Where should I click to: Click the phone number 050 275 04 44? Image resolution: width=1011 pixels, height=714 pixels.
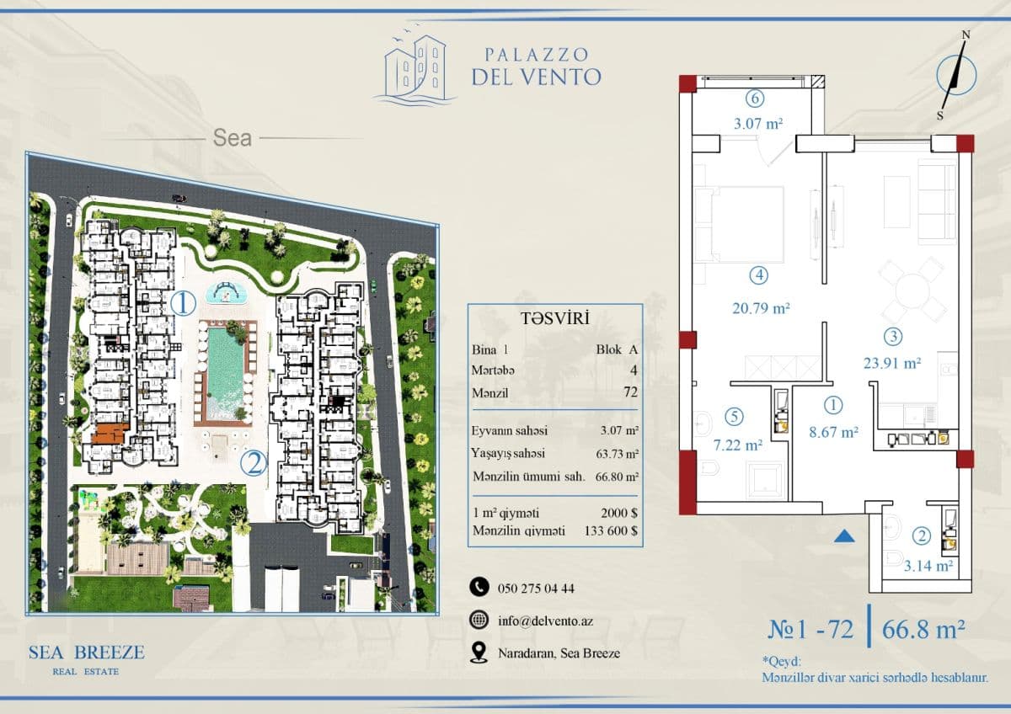536,589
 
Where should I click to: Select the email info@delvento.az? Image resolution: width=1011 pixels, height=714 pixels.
545,621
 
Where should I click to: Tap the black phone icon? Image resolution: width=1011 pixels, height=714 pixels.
479,587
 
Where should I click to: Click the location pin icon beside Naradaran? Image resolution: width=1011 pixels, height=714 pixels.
479,653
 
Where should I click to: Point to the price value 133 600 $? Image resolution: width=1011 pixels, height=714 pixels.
611,531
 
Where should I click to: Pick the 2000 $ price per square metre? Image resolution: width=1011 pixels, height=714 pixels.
619,513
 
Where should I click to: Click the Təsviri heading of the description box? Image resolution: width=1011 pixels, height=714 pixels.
555,318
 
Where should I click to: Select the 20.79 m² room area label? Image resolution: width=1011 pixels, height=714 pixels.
761,308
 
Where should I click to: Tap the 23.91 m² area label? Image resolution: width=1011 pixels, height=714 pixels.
892,363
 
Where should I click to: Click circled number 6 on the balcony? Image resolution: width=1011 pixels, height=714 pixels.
755,99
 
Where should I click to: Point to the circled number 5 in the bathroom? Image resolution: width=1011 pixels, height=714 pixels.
734,416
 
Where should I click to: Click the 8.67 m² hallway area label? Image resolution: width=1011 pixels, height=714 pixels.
833,433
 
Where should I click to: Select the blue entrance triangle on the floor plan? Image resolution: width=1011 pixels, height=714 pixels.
844,535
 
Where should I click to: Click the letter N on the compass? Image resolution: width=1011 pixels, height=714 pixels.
966,35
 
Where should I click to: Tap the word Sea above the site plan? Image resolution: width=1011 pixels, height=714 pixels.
232,137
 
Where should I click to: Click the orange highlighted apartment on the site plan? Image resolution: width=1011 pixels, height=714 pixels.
110,433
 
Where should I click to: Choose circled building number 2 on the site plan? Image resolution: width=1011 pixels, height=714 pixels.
254,464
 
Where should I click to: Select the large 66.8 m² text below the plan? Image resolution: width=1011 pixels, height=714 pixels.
923,629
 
